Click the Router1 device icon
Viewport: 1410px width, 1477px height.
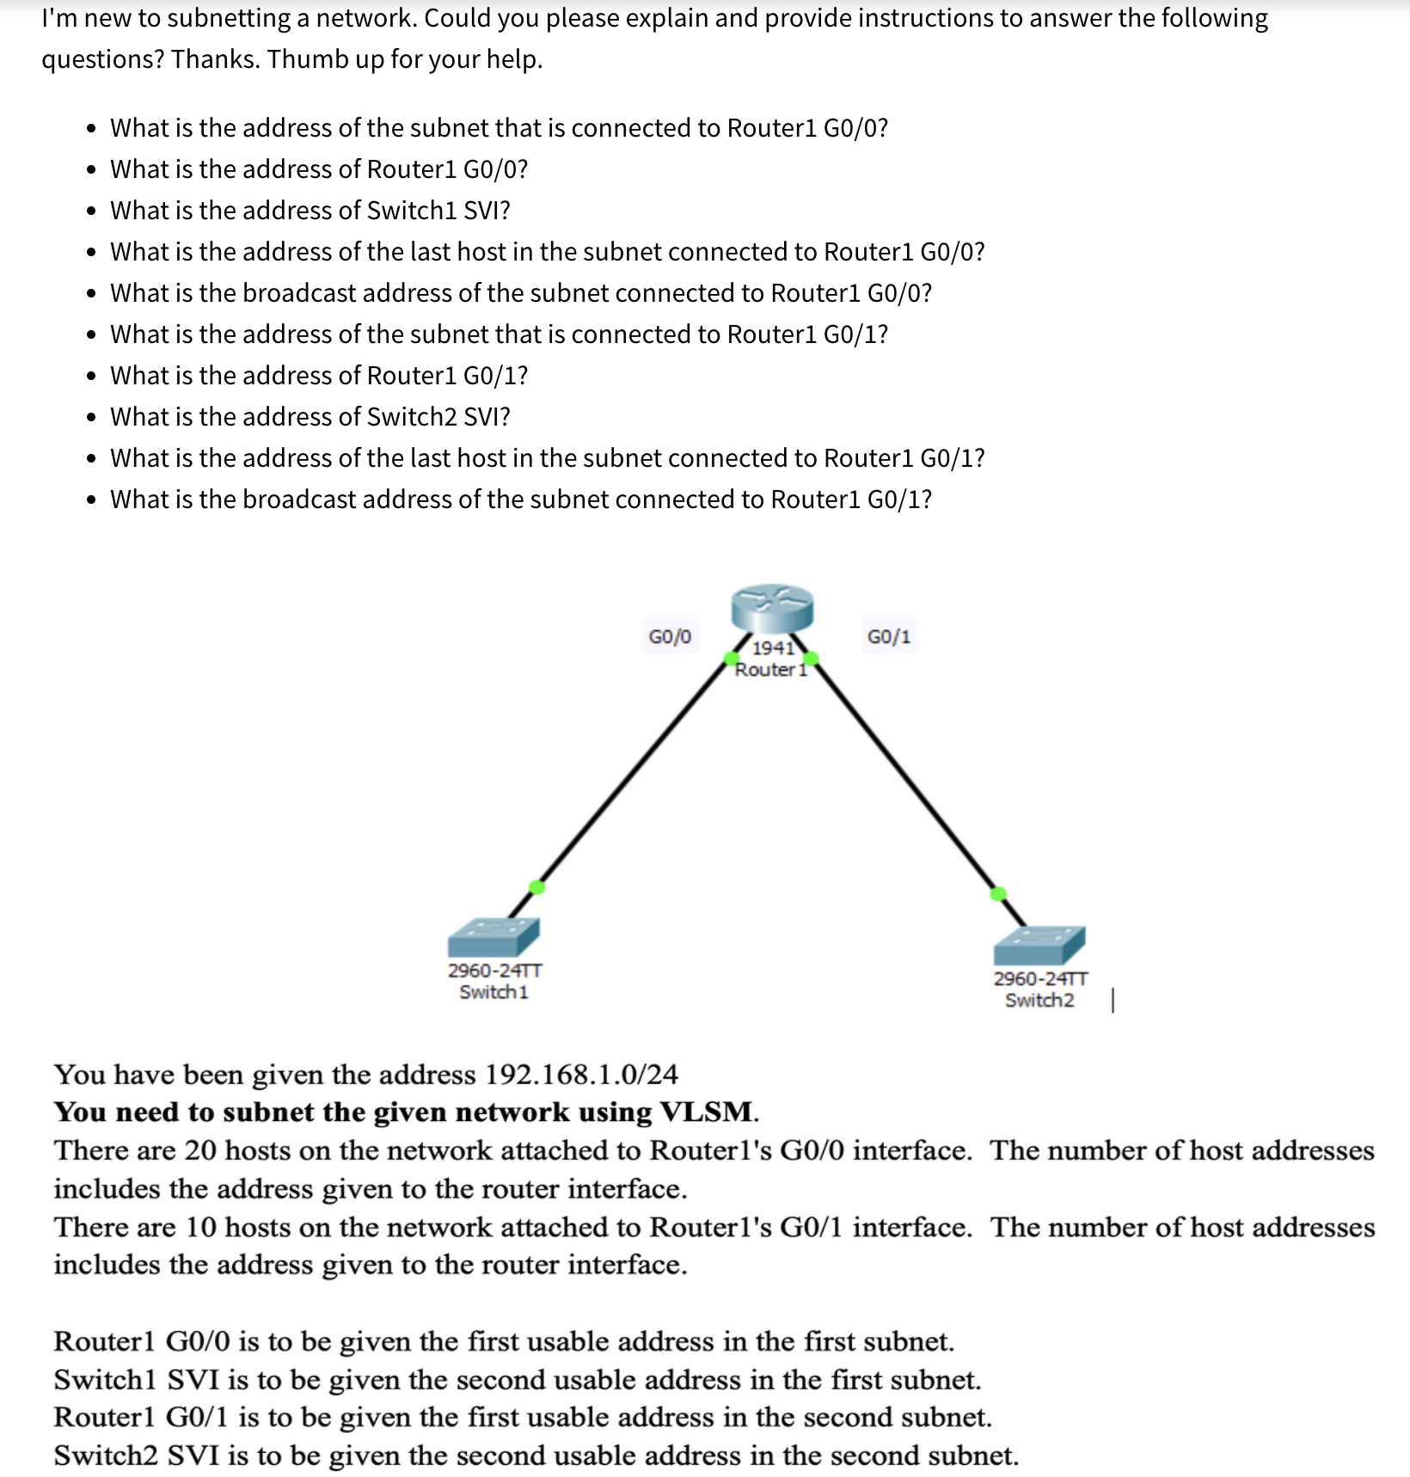(771, 609)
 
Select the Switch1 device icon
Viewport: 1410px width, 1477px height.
(493, 936)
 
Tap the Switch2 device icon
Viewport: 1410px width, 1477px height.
(1039, 945)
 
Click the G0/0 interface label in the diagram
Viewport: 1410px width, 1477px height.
(670, 637)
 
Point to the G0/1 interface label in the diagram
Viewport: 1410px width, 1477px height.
(889, 637)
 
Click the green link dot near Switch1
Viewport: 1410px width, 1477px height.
(536, 887)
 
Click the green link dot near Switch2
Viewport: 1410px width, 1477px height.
(998, 894)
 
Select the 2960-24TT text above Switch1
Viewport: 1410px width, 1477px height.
(494, 971)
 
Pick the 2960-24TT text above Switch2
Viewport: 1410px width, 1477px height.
(1040, 979)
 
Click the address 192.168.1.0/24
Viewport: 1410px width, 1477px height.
(581, 1075)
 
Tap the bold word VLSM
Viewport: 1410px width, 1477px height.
(707, 1112)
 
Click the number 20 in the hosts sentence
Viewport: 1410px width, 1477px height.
(199, 1150)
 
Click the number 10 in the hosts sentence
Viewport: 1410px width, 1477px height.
(200, 1227)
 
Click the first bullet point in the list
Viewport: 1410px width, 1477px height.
(91, 129)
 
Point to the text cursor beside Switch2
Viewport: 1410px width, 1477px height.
(1113, 1001)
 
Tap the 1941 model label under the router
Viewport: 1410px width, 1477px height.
(773, 647)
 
